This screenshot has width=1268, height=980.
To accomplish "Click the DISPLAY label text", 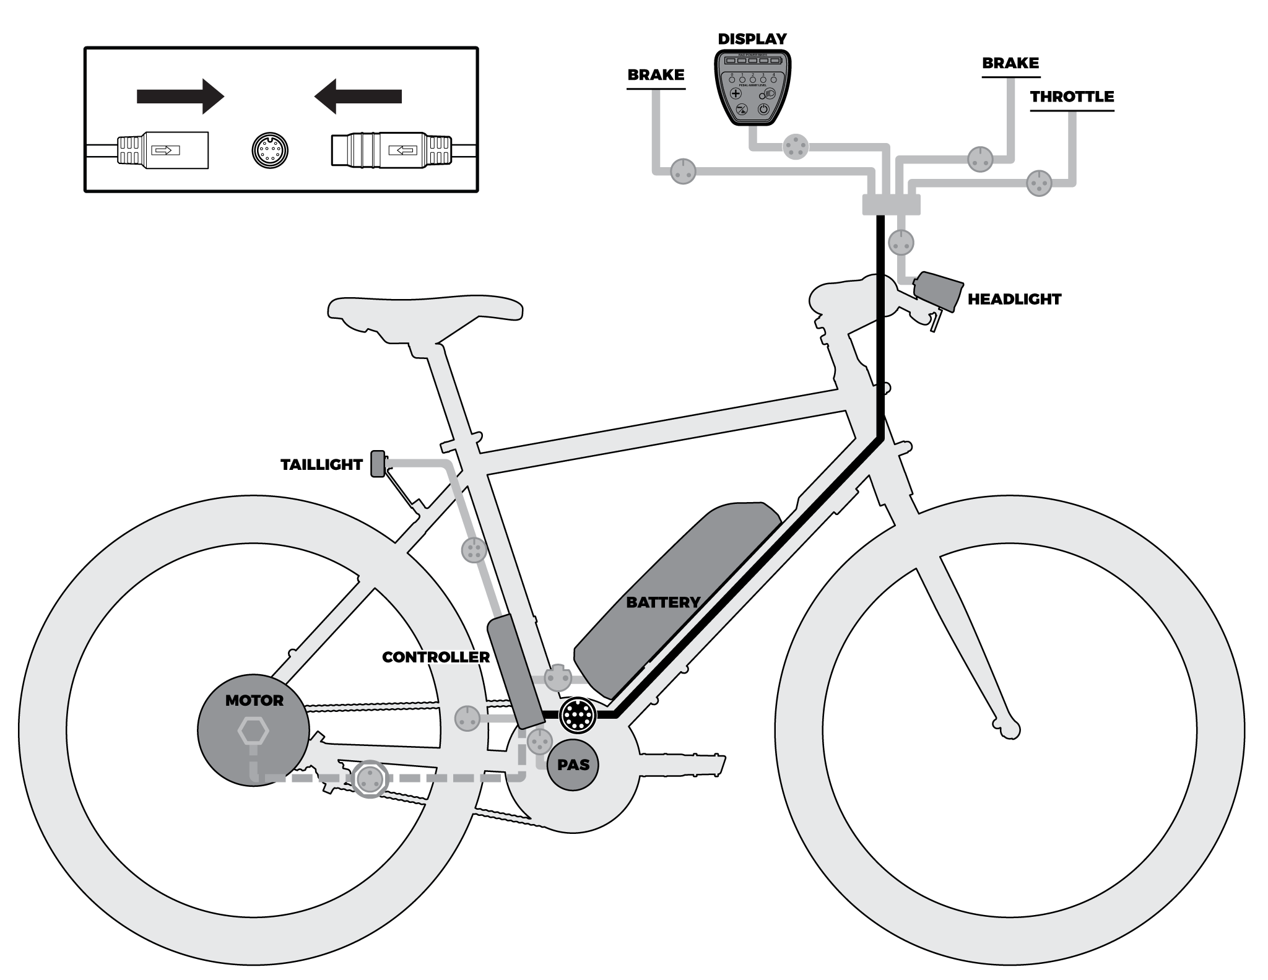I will pos(752,39).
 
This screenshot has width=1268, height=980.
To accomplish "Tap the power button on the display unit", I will pos(763,109).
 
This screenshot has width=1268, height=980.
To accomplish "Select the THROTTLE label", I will pos(1072,97).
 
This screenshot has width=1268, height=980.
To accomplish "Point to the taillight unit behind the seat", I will pos(377,464).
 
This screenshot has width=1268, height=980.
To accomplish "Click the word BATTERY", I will pos(662,602).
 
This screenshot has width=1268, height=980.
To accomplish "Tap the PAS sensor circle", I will pos(573,765).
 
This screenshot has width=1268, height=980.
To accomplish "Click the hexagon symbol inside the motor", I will pos(253,732).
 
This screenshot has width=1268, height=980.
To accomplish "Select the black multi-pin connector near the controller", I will pos(577,715).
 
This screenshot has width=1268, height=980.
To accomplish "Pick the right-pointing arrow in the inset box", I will pos(180,96).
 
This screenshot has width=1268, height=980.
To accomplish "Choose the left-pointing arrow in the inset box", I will pos(358,96).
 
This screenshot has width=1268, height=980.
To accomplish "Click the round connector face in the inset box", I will pos(271,150).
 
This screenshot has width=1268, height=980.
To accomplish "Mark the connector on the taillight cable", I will pos(474,550).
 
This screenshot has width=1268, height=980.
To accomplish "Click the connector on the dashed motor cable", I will pos(370,778).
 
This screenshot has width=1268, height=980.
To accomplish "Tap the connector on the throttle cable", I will pos(1039,183).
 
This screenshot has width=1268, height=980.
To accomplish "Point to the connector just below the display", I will pos(795,147).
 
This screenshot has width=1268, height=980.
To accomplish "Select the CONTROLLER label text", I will pos(435,657).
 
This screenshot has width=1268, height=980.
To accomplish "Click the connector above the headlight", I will pos(901,242).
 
